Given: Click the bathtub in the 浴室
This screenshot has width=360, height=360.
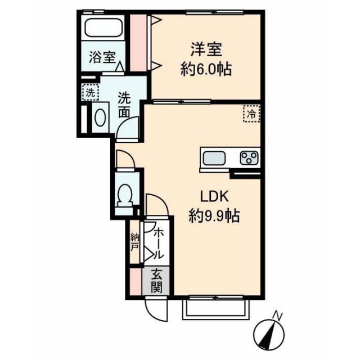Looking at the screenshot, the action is [x=103, y=28].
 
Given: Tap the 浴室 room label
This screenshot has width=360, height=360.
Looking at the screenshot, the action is [x=102, y=57].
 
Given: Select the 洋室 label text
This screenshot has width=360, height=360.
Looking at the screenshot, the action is [x=206, y=49].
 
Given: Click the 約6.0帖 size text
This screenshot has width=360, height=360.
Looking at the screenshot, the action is [x=206, y=69].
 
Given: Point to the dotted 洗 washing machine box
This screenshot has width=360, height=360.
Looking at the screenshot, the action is [x=91, y=92].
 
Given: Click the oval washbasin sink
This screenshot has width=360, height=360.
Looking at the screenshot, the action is [x=100, y=118].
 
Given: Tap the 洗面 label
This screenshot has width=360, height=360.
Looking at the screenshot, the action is [x=124, y=105].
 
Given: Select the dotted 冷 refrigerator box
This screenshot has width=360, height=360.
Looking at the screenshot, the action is [x=251, y=114].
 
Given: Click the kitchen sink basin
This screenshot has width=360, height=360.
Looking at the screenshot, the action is [x=214, y=158].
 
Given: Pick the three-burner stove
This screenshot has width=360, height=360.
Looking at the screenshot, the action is [x=249, y=158].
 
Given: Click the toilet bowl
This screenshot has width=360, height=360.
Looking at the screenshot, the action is [x=125, y=196].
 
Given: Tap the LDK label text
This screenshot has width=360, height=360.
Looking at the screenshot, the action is [x=214, y=196].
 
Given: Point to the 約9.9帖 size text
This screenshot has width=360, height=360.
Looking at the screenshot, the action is [x=214, y=216].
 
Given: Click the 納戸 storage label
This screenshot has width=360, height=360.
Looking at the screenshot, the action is [x=134, y=242].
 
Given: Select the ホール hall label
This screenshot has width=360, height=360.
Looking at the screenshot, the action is [x=159, y=244].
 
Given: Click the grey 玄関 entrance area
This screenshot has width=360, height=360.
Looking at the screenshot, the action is [x=156, y=281].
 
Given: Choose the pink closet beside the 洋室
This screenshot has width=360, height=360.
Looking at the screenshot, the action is [x=138, y=43].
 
